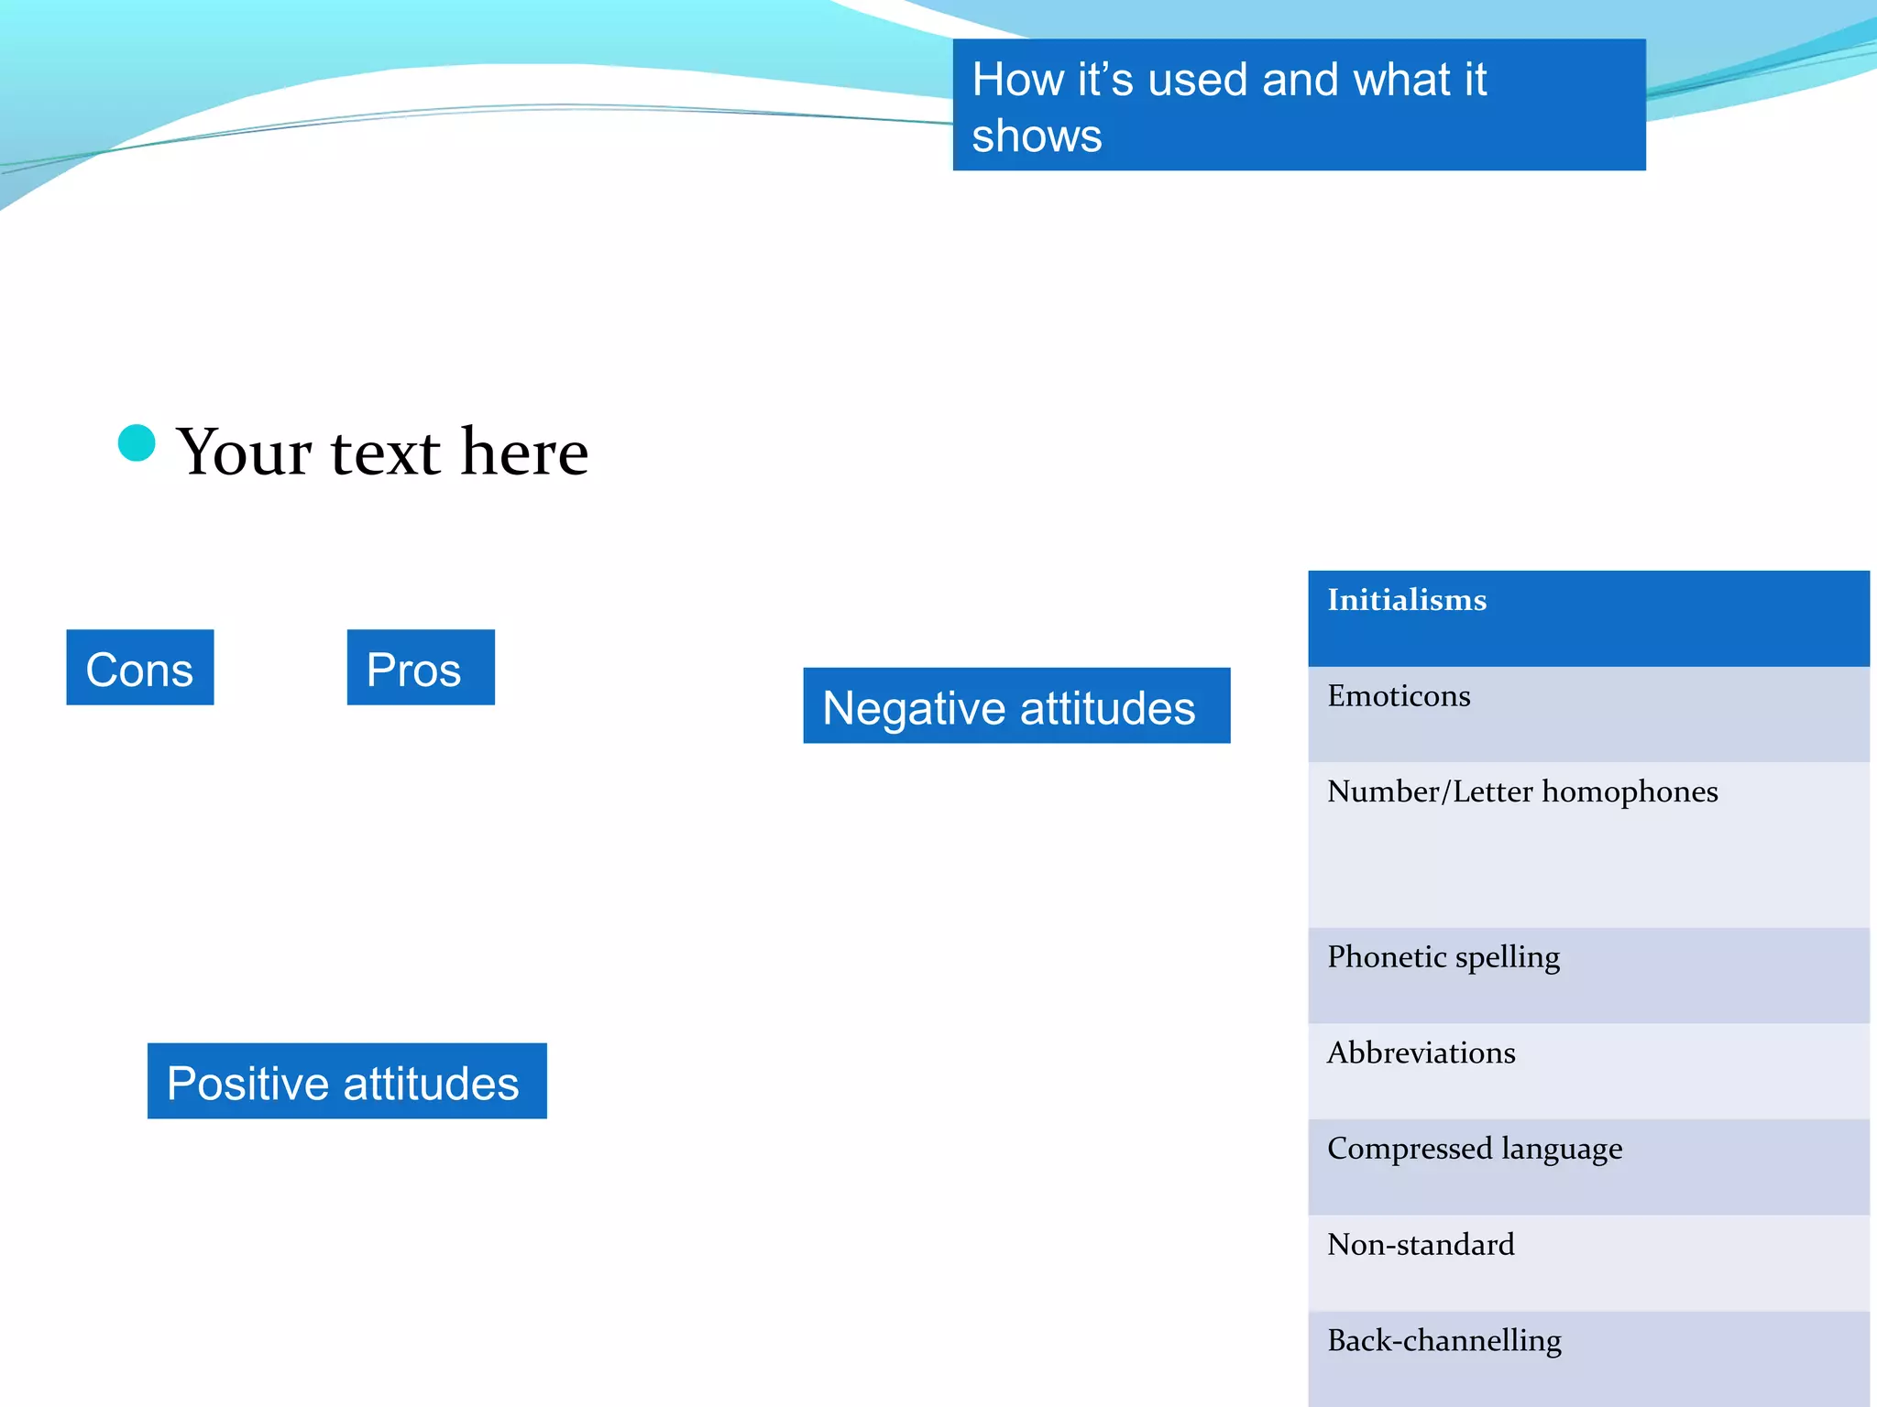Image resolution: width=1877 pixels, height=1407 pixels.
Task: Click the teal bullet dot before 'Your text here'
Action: point(137,443)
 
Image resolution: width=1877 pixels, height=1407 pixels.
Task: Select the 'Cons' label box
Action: point(140,668)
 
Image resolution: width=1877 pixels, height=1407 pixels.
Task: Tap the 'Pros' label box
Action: point(421,668)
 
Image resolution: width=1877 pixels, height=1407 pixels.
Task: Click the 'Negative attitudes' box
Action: point(1016,706)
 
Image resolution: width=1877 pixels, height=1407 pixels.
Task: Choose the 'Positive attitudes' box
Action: point(346,1081)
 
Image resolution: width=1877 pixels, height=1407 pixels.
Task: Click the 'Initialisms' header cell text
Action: point(1407,600)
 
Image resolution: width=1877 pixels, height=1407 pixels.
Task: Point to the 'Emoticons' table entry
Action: point(1399,696)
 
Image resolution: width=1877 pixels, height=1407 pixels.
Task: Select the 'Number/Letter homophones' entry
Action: point(1522,791)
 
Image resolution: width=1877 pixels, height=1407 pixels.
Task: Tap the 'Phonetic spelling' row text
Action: point(1443,957)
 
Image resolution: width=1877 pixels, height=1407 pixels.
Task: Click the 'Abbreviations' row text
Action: point(1421,1053)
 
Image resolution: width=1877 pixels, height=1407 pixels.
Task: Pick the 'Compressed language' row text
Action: point(1475,1149)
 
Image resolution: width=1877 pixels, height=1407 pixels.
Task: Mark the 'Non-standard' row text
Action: point(1421,1245)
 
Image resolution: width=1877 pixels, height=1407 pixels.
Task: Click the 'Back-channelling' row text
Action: point(1444,1341)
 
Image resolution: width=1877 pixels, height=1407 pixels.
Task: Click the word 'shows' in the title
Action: point(1037,136)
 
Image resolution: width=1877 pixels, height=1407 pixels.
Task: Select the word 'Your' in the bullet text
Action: point(245,453)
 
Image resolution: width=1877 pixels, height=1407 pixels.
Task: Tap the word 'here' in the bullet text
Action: point(524,452)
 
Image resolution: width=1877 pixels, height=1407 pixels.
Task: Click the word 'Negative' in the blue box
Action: point(914,708)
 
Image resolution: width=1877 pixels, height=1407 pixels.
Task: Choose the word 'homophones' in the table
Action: point(1630,791)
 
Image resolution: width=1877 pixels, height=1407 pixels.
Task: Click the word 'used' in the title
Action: point(1198,80)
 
